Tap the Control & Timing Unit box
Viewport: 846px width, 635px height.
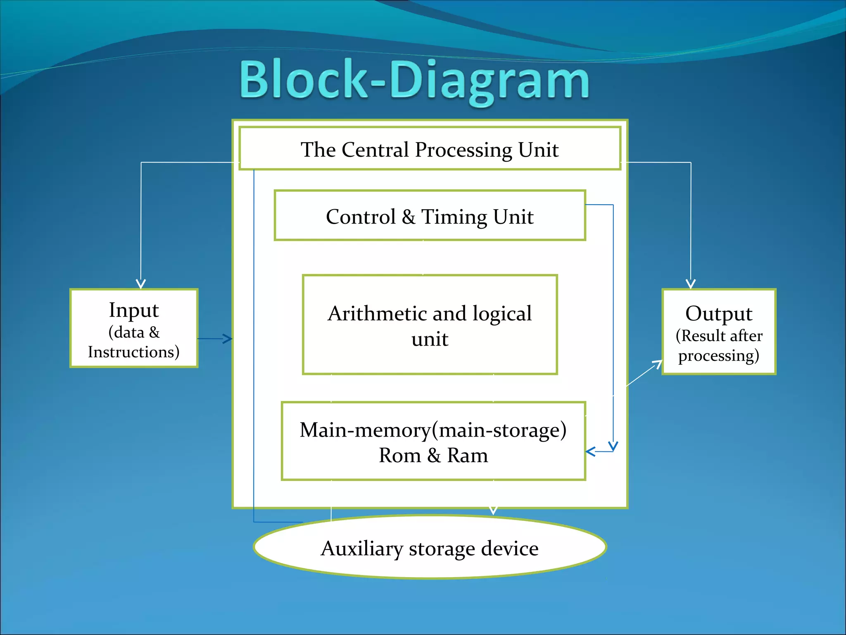click(430, 216)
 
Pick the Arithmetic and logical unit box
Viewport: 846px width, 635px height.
click(430, 325)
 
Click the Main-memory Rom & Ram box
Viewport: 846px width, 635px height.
click(433, 442)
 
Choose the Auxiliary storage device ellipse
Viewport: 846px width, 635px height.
click(430, 547)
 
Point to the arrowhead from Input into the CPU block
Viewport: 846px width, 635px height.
click(228, 339)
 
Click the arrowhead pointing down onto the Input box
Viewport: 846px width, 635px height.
click(141, 284)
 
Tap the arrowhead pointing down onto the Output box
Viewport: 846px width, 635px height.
click(691, 284)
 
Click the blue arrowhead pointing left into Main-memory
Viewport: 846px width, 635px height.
click(590, 451)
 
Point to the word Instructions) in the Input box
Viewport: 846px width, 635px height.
click(133, 352)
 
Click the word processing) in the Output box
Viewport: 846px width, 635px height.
click(718, 356)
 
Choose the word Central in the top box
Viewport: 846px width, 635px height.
click(375, 149)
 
